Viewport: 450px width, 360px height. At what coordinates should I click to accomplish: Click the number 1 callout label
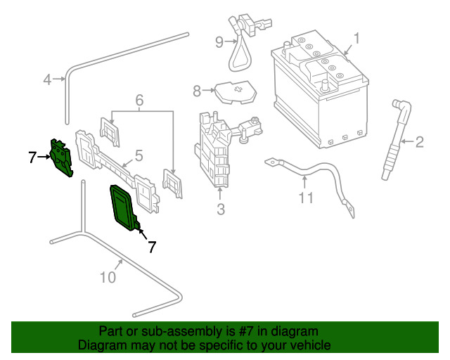(x=356, y=38)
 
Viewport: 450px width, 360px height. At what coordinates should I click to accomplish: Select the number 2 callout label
(x=420, y=143)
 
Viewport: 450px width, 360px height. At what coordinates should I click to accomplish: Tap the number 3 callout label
(x=220, y=209)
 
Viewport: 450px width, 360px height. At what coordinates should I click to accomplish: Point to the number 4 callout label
(x=47, y=80)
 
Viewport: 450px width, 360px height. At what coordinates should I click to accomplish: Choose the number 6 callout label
(x=139, y=101)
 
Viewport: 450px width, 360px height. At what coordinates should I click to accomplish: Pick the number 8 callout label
(x=197, y=90)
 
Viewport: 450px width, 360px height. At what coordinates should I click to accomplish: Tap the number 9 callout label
(x=219, y=42)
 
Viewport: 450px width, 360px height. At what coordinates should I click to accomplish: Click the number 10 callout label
(x=107, y=278)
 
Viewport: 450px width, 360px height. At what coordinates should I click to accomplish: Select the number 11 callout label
(x=305, y=198)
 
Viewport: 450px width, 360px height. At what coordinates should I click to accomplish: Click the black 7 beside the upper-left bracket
(x=32, y=157)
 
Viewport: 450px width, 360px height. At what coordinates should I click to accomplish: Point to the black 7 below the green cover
(x=151, y=247)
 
